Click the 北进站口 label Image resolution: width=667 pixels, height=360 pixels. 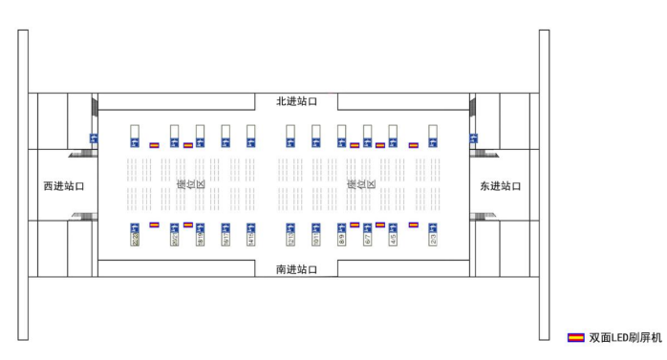(296, 101)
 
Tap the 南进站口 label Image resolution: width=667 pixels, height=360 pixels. (296, 269)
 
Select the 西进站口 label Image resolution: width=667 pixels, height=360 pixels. (64, 186)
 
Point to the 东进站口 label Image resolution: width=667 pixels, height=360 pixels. (501, 186)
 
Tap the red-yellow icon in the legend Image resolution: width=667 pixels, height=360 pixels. (576, 337)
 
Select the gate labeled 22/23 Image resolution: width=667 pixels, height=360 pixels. (135, 234)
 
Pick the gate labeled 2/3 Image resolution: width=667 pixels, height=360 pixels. (433, 234)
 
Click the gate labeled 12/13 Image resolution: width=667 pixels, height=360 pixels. (290, 234)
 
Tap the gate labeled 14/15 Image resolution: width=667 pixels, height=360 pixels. (250, 234)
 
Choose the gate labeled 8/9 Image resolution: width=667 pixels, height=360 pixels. (342, 234)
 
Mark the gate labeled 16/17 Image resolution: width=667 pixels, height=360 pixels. (226, 234)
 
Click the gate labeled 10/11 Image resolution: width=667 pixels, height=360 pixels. (315, 234)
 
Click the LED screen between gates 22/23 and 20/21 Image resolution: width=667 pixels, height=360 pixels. (154, 224)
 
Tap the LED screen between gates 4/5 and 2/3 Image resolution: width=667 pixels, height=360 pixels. (414, 224)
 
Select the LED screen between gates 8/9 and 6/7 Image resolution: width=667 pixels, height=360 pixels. (355, 224)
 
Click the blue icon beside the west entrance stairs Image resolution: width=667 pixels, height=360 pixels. (93, 139)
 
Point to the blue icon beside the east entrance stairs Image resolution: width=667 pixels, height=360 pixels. (474, 139)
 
